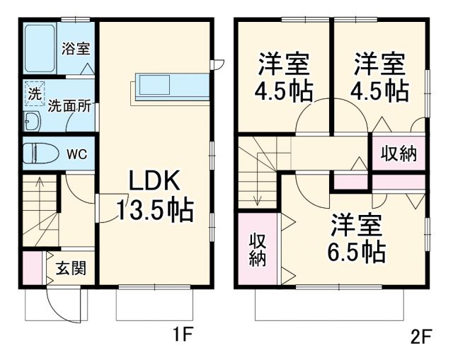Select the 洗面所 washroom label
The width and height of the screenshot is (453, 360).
pos(69,107)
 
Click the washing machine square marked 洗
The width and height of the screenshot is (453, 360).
pos(34,94)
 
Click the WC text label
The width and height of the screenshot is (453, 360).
pos(76,154)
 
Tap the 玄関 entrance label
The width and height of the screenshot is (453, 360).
pos(71,268)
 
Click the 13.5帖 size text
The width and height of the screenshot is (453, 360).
pos(155,210)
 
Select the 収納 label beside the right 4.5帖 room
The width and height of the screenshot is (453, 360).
pos(398,152)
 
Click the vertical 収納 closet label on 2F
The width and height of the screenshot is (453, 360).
pos(257,249)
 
